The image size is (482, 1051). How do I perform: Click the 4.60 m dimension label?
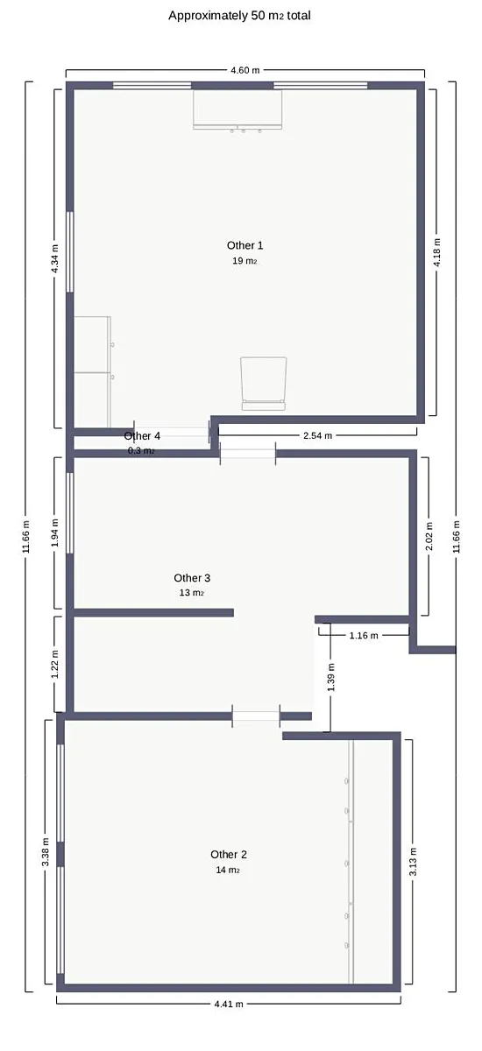(245, 70)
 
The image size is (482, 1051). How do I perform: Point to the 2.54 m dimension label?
(317, 435)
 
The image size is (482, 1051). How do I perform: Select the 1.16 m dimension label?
(364, 636)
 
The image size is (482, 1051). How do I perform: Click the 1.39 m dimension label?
(331, 678)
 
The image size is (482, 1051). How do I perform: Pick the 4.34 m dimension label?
(55, 259)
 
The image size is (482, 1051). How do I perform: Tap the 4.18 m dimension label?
(436, 253)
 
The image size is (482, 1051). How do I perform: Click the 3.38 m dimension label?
(46, 852)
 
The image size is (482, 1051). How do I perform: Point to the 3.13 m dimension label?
(413, 862)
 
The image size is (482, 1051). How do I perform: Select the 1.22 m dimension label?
(55, 665)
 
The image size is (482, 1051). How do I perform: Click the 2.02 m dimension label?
(429, 536)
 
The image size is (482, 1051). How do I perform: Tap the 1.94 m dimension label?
(55, 533)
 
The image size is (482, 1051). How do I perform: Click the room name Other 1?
(245, 245)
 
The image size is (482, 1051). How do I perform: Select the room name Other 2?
(229, 855)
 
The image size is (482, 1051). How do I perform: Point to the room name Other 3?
(192, 578)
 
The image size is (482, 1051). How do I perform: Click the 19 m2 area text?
(245, 261)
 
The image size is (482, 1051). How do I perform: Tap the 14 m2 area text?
(228, 870)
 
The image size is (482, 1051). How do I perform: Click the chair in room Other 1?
(263, 384)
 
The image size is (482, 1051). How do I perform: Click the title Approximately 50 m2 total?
(239, 16)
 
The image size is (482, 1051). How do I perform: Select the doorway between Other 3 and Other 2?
(256, 716)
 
